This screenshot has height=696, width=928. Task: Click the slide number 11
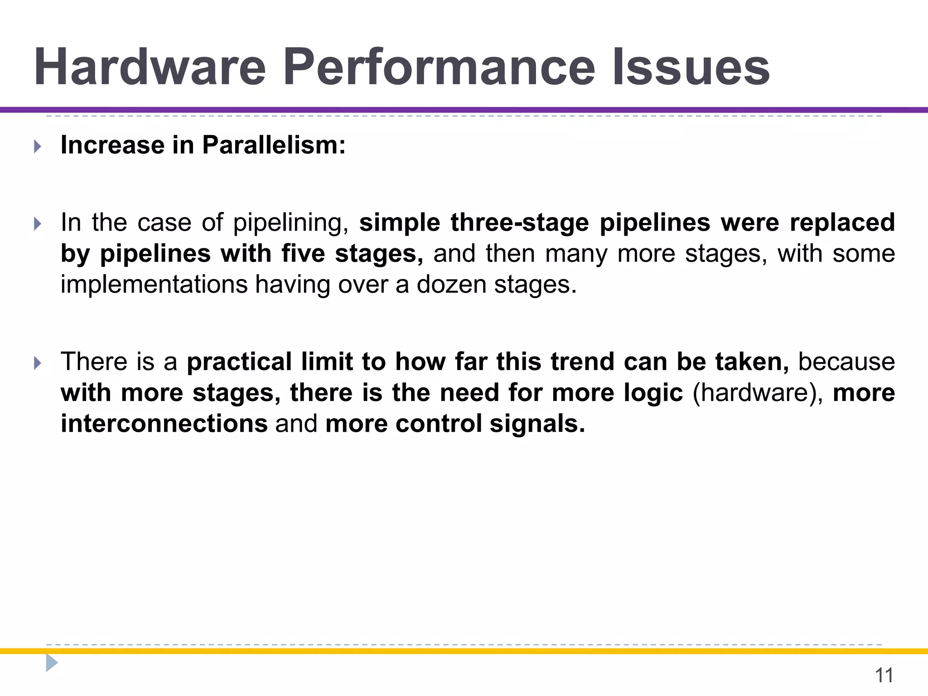pyautogui.click(x=884, y=675)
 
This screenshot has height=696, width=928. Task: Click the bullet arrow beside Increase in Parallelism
pyautogui.click(x=38, y=146)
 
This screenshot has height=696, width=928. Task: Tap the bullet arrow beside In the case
pyautogui.click(x=38, y=223)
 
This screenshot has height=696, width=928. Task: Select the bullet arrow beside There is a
pyautogui.click(x=38, y=362)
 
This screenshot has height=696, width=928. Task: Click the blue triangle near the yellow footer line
pyautogui.click(x=52, y=663)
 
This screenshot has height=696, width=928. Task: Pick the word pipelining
pyautogui.click(x=290, y=223)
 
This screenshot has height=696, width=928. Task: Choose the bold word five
pyautogui.click(x=303, y=253)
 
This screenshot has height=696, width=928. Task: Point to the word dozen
pyautogui.click(x=451, y=285)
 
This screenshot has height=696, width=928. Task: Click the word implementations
pyautogui.click(x=154, y=285)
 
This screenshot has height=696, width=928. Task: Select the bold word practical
pyautogui.click(x=239, y=362)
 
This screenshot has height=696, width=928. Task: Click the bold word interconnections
pyautogui.click(x=164, y=424)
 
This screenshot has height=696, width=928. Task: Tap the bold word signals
pyautogui.click(x=537, y=424)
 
